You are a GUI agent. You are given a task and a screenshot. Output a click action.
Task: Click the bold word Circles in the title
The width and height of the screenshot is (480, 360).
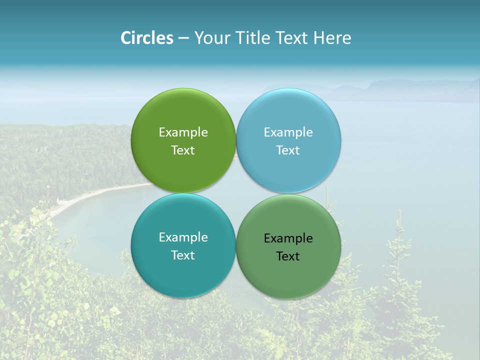point(147,38)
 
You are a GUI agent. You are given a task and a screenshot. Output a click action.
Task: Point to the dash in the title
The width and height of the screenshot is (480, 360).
point(183,38)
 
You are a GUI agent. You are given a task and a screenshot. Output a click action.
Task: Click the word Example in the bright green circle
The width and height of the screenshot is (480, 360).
point(183,132)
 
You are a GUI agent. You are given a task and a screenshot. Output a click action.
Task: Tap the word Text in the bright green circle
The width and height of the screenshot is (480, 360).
point(183,150)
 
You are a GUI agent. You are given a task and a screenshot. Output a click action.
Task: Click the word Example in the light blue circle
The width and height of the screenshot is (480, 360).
point(288,132)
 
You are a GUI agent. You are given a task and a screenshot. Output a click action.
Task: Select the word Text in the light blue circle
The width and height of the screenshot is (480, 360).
point(288,150)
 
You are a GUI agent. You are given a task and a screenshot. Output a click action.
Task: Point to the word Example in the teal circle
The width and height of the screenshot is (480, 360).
point(183,237)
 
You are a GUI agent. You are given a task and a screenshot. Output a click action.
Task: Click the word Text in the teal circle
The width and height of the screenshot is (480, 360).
point(183,255)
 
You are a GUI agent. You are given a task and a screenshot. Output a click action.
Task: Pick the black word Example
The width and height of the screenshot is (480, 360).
point(288,238)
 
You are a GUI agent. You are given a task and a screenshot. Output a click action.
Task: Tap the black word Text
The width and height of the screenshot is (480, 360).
point(288,256)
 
